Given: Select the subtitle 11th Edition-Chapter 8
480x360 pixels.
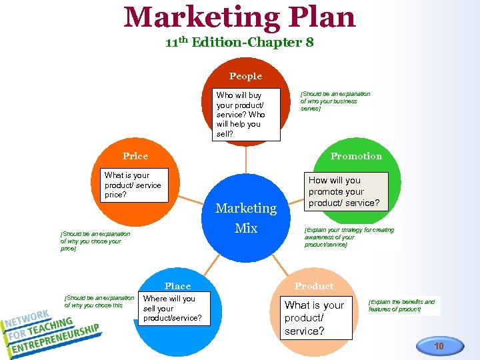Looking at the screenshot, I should click(x=239, y=43).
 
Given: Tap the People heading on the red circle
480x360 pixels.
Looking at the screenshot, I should click(x=245, y=76).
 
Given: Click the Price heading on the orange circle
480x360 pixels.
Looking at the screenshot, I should click(x=135, y=156).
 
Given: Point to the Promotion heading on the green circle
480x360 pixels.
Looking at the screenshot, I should click(x=356, y=156).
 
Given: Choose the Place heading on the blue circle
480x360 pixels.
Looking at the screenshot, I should click(x=177, y=286).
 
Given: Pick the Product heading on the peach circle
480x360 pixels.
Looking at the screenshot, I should click(x=314, y=286).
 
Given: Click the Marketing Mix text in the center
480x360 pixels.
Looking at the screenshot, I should click(x=246, y=218).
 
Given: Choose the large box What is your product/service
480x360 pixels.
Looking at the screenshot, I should click(x=315, y=317).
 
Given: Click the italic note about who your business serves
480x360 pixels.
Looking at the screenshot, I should click(x=335, y=101).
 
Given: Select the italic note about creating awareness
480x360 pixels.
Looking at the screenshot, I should click(x=349, y=237).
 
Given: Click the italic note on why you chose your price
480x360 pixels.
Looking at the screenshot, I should click(x=95, y=241).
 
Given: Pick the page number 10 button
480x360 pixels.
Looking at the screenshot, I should click(x=439, y=346).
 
